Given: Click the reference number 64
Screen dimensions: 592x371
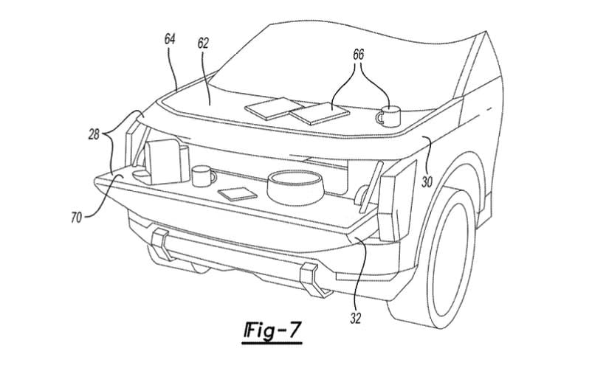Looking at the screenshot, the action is coord(170,39).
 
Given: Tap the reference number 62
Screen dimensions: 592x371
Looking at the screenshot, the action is coord(203,44).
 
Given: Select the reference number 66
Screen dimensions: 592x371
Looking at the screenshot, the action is coord(358,55).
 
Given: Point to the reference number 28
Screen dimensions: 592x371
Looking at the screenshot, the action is coord(94,135).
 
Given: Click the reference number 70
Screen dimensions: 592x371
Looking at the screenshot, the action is coord(76,217).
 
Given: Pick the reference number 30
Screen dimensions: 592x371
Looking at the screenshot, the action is coord(427,182).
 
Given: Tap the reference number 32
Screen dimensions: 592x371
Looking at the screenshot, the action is coord(355,318).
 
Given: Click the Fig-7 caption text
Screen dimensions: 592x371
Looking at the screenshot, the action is coord(272,331).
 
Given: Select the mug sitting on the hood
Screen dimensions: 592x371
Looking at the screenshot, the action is coord(388,117).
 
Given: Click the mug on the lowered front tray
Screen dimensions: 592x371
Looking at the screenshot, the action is coord(203,176).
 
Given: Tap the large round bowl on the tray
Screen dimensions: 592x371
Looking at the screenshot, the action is coord(295,187).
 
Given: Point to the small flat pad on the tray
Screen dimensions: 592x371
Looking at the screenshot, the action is coord(238,194).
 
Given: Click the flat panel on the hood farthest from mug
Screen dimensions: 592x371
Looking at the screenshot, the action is coord(272,108).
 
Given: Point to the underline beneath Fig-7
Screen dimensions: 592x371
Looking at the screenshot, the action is coord(272,343).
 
